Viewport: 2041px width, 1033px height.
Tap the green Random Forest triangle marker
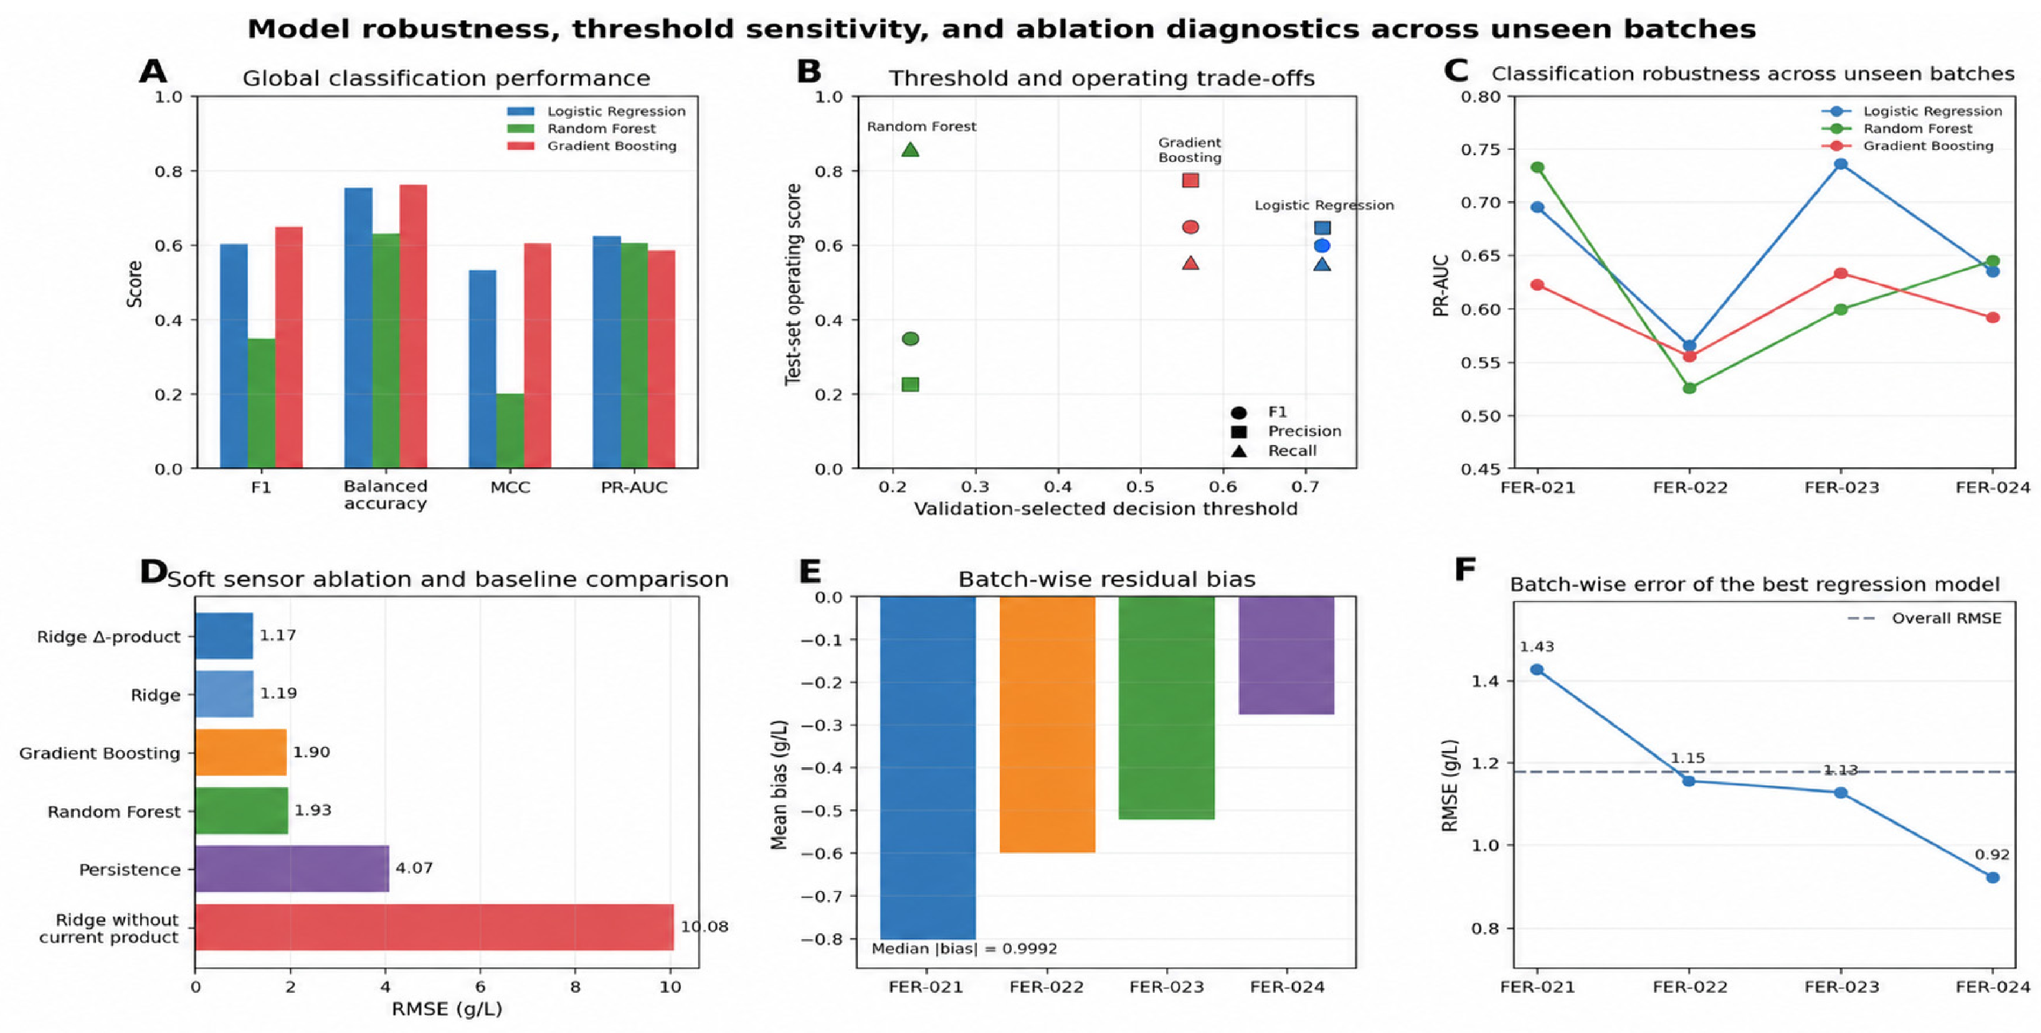tap(910, 149)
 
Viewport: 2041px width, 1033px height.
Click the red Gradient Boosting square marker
tap(1190, 180)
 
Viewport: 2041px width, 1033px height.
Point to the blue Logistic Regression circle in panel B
tap(1322, 245)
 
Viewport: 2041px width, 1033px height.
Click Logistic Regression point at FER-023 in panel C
tap(1840, 164)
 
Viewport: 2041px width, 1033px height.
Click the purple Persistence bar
tap(292, 869)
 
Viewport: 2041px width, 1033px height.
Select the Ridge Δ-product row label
tap(108, 636)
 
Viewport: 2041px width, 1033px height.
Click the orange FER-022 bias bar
tap(1047, 724)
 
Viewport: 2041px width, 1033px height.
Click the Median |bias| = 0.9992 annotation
tap(964, 948)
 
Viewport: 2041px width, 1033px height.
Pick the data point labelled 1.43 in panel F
tap(1537, 669)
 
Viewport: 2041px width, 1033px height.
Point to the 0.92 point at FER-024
tap(1993, 877)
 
